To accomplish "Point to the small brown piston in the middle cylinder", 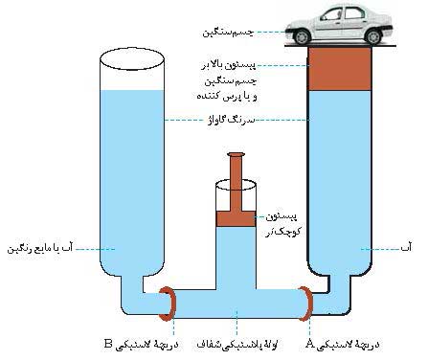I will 235,219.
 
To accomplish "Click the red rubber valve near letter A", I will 307,305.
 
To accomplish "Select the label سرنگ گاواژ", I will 236,121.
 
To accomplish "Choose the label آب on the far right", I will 406,249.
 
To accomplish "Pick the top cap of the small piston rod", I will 235,154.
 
